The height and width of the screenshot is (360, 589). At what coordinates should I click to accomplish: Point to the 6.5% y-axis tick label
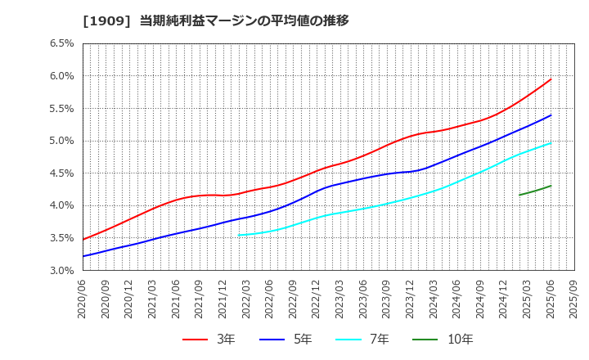[x=61, y=43]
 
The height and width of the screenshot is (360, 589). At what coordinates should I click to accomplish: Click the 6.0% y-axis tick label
[x=61, y=76]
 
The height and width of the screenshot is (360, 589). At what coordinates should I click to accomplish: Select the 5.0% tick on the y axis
[x=61, y=141]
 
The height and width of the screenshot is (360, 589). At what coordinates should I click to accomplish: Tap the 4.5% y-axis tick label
[x=61, y=173]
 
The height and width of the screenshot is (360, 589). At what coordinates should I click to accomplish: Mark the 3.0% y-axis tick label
[x=61, y=270]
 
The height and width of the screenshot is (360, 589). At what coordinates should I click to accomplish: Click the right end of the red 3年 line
[x=551, y=79]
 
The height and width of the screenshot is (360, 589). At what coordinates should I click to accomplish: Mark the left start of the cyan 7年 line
[x=239, y=235]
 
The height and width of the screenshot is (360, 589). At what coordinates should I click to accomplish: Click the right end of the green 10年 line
[x=551, y=186]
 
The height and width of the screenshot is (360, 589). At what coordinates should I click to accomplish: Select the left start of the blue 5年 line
[x=83, y=256]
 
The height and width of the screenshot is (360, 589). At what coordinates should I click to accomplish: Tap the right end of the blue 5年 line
[x=551, y=115]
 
